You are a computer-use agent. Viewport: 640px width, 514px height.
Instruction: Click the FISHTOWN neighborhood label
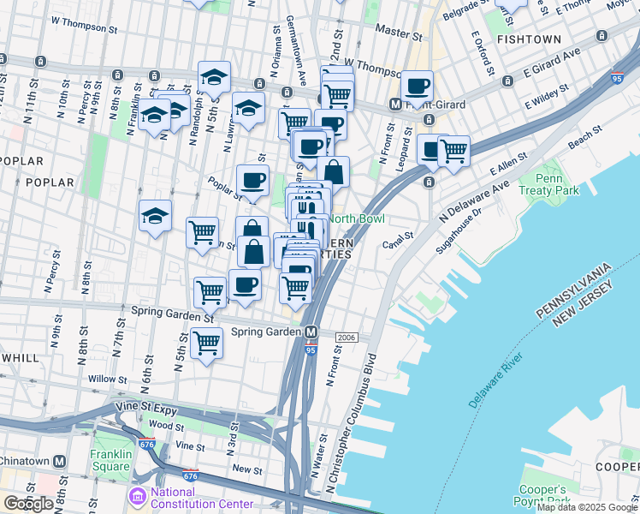529,39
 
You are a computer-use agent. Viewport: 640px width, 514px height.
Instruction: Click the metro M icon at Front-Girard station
396,105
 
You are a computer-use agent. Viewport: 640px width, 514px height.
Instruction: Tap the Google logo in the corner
28,504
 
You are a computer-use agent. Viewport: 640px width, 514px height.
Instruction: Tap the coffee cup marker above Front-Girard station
418,86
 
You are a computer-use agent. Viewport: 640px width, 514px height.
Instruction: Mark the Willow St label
106,378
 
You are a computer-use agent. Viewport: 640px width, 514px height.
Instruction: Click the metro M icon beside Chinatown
59,461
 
